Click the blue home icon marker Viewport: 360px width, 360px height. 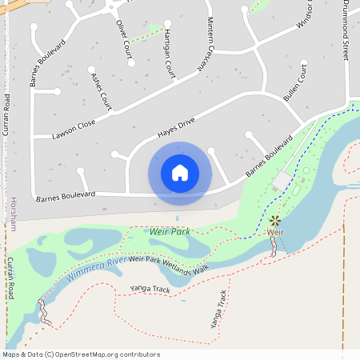(x=180, y=172)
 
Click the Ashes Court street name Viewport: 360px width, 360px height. (x=101, y=90)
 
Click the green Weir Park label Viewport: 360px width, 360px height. (x=169, y=231)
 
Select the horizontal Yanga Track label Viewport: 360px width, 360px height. (x=150, y=288)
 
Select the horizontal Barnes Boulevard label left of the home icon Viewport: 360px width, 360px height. (x=66, y=194)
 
